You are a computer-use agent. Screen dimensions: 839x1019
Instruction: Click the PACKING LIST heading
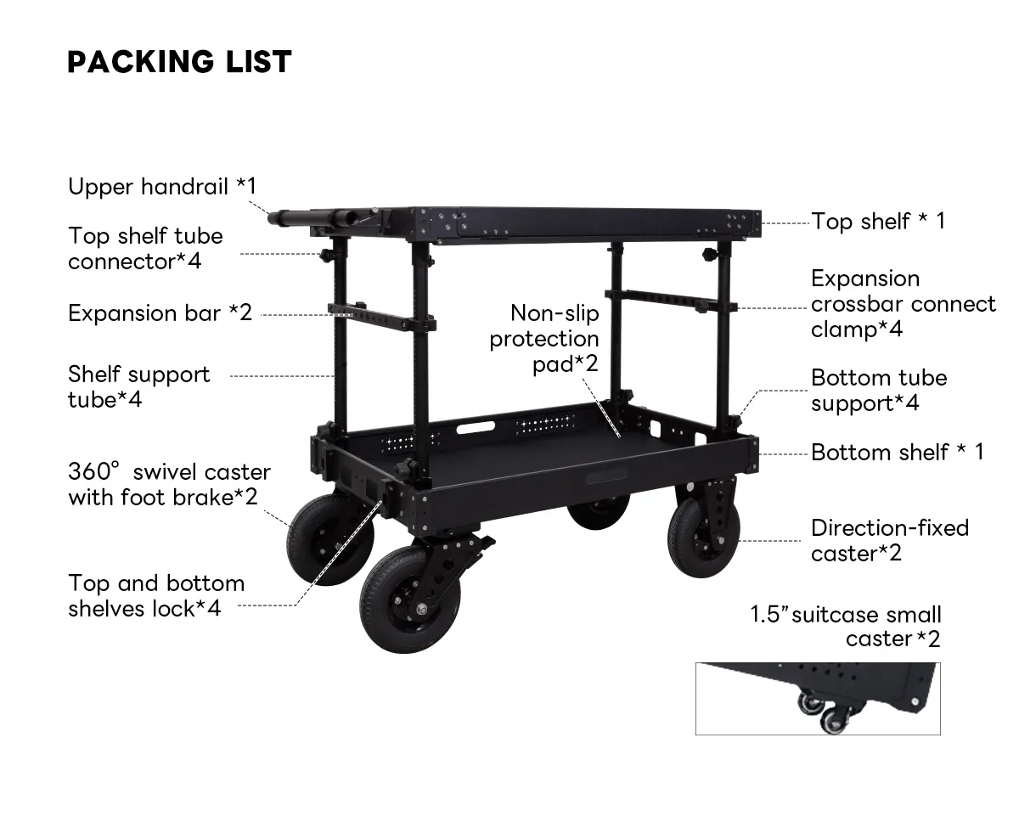coord(179,61)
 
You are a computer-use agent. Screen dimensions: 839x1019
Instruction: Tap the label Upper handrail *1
coord(161,186)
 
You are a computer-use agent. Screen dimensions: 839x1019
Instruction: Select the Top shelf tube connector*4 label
coord(145,248)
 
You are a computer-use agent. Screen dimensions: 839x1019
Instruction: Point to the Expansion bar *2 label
coord(160,313)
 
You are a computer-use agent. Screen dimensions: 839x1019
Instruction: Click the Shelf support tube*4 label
coord(138,386)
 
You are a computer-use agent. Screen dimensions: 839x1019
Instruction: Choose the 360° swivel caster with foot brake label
coord(169,484)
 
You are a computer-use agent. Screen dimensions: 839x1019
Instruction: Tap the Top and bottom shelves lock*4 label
coord(156,595)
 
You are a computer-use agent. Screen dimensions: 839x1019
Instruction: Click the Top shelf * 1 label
coord(878,221)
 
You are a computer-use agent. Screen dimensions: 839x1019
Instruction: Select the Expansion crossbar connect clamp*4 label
coord(903,304)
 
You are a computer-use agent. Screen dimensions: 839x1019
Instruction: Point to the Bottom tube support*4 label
coord(878,390)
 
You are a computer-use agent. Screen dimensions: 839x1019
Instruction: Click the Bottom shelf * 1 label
coord(897,452)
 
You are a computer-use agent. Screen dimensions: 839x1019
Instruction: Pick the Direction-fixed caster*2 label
coord(889,540)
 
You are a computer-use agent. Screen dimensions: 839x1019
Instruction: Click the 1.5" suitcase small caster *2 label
coord(845,626)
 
